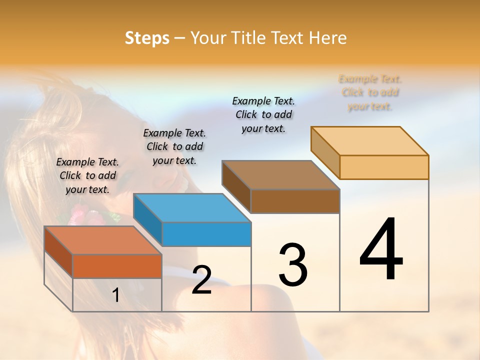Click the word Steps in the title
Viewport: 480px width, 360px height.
(x=147, y=38)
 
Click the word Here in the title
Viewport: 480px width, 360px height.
(x=327, y=38)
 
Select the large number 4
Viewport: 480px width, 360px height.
(x=381, y=250)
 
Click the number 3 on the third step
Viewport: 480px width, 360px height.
(x=292, y=265)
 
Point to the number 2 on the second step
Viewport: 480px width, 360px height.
(x=201, y=280)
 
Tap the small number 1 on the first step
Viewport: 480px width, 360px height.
(x=115, y=295)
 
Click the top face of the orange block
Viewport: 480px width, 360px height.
(x=102, y=240)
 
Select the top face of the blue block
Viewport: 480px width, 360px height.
(x=192, y=207)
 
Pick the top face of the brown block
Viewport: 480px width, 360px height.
(x=280, y=175)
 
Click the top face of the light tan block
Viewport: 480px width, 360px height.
(x=370, y=140)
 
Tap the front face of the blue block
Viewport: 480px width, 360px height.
(x=206, y=234)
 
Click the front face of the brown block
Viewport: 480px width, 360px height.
(x=295, y=201)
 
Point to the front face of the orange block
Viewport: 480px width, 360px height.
(x=117, y=266)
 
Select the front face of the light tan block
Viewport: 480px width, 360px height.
(x=384, y=167)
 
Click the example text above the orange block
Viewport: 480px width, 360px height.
(x=87, y=175)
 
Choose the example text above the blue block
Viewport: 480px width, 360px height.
(x=174, y=146)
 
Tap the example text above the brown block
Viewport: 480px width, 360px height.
(x=263, y=114)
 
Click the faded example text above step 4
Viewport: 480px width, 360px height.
(x=370, y=92)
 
